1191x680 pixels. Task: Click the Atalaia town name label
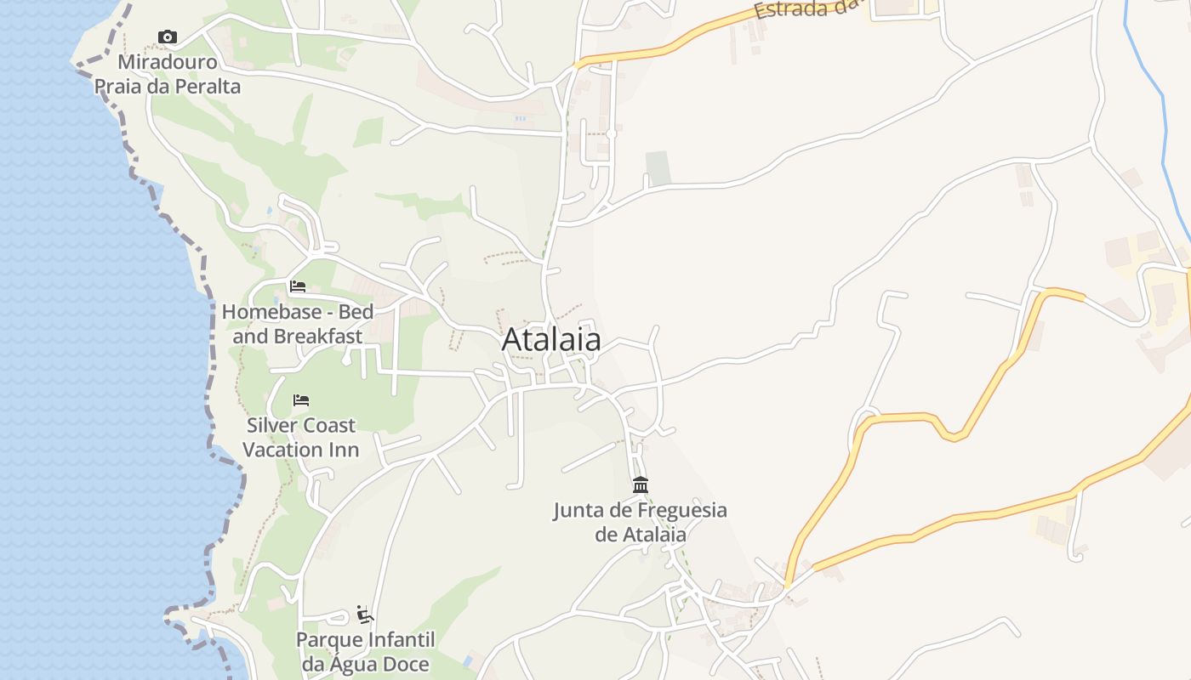click(x=551, y=340)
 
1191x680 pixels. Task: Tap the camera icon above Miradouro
click(x=168, y=37)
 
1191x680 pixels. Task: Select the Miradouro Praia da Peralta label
click(x=168, y=74)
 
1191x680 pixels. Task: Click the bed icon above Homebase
click(x=298, y=286)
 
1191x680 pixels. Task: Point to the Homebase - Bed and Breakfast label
click(x=298, y=324)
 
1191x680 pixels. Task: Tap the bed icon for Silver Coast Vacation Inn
click(x=301, y=399)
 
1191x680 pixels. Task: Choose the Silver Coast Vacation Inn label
click(x=301, y=437)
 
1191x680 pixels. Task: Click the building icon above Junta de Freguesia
click(x=641, y=484)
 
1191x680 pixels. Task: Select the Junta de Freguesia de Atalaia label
click(x=641, y=522)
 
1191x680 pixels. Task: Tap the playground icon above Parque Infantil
click(x=366, y=614)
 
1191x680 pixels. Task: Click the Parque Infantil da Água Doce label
click(x=366, y=651)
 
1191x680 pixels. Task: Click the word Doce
click(x=404, y=664)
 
